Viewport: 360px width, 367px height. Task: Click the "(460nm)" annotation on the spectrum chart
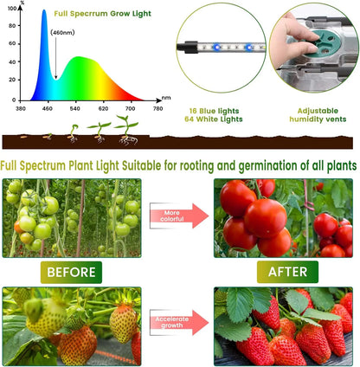(62, 33)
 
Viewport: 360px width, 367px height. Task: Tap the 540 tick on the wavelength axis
(75, 108)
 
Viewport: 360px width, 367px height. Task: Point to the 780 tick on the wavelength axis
(158, 108)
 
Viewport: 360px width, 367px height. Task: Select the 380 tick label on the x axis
(21, 108)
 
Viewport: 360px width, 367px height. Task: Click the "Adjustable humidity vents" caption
(316, 116)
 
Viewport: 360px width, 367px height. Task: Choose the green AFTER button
(287, 273)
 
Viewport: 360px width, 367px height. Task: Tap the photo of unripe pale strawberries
(72, 326)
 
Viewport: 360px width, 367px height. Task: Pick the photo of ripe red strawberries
(284, 326)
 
